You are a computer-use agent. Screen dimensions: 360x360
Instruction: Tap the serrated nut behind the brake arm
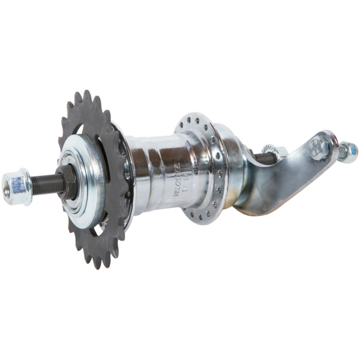(269, 153)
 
